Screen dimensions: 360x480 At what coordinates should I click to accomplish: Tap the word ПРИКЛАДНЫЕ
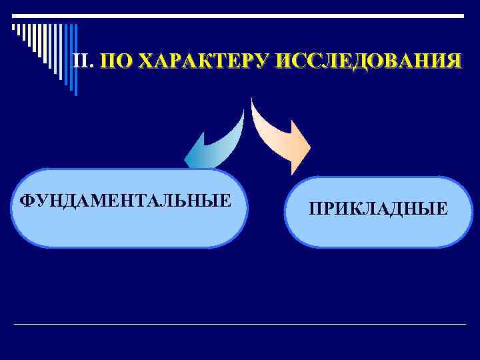(378, 211)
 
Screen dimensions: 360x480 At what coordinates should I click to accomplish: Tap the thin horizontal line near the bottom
(240, 325)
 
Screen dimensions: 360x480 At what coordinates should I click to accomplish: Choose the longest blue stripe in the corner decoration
(75, 60)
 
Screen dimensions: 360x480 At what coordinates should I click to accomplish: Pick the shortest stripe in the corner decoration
(13, 28)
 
